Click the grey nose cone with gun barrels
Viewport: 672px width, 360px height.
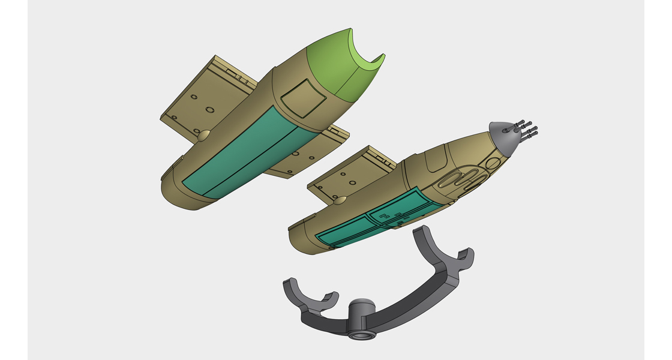pyautogui.click(x=503, y=136)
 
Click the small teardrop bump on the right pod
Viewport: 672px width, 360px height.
pyautogui.click(x=340, y=201)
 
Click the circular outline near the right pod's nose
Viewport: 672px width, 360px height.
pyautogui.click(x=493, y=163)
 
